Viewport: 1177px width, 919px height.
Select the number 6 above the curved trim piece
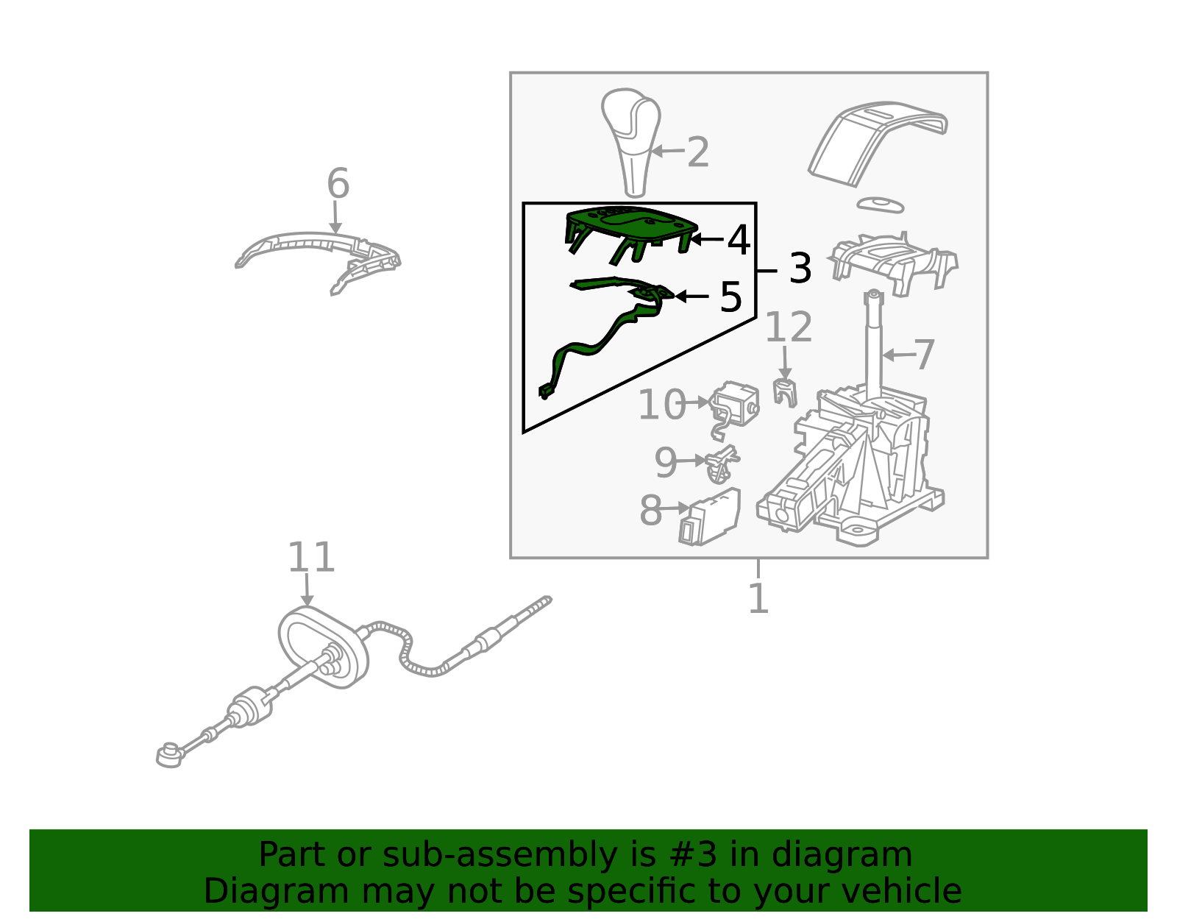[338, 183]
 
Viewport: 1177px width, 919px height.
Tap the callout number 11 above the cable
[311, 557]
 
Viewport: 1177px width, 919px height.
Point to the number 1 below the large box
[758, 598]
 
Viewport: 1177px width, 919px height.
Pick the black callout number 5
[730, 297]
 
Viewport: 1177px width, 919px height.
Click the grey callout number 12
[788, 327]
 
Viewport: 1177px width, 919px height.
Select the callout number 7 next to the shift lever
[924, 354]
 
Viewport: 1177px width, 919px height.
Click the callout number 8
[650, 510]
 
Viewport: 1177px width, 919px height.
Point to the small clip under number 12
[785, 392]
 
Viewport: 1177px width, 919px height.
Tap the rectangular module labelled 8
[710, 516]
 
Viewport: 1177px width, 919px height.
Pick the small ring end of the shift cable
[168, 756]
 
